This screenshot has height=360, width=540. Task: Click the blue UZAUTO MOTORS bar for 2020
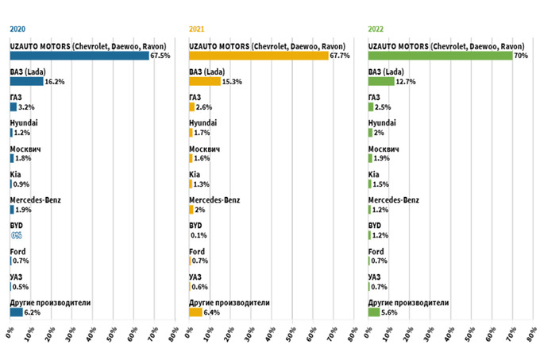coord(79,56)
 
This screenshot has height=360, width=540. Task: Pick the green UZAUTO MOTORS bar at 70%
coord(440,56)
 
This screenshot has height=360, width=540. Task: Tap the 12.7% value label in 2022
coord(405,81)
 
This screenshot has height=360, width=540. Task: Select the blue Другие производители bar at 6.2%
coord(16,312)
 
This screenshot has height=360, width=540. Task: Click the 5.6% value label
coord(391,312)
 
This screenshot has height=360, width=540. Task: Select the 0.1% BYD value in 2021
coord(199,235)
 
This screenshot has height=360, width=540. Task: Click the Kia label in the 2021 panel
coord(195,174)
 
